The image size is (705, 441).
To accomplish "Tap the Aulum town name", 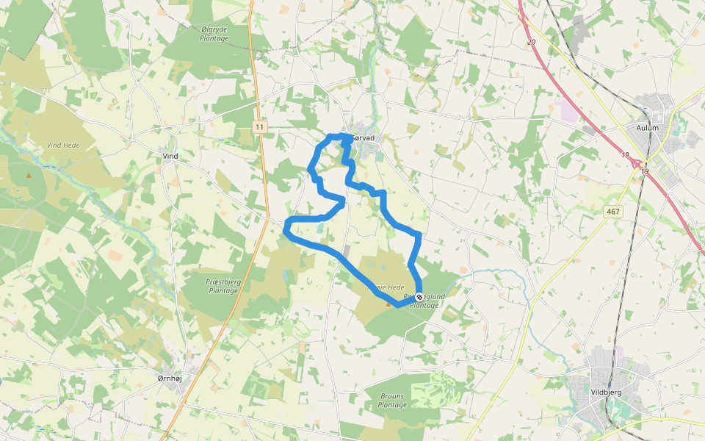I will point(648,127).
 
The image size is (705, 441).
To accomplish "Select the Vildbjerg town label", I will point(606,392).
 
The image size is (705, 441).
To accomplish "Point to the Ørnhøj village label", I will point(170,378).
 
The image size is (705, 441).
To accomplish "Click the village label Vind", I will point(170,157).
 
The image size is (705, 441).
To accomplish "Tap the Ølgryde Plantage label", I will point(214,33).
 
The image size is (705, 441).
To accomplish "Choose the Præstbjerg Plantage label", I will point(223,286).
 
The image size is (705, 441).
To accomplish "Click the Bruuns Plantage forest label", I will point(392,400).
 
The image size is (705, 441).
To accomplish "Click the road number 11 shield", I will point(259,127).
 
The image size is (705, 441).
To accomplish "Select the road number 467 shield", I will point(613,212).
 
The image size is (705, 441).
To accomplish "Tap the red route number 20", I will point(531,43).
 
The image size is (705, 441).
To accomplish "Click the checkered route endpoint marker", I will point(419,297).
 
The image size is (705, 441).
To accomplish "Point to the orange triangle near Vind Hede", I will point(29,175).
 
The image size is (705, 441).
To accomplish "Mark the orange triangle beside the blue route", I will point(388,303).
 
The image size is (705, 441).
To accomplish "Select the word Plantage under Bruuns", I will point(392,405).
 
